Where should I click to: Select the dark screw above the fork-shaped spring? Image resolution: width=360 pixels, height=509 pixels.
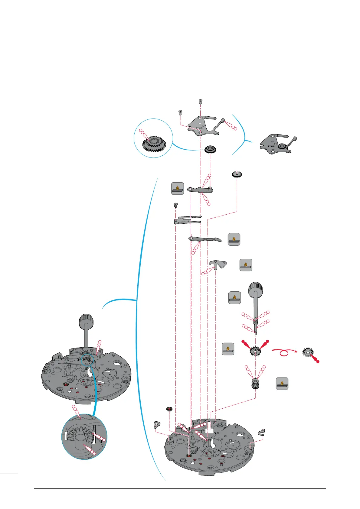coord(175,205)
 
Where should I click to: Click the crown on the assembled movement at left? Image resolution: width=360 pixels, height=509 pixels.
coord(86,321)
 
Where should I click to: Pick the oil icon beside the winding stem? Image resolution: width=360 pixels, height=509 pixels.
coord(234,298)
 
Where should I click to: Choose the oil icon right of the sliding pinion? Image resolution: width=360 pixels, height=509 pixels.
coord(282,384)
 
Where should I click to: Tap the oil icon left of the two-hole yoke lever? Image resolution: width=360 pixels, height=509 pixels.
coord(178,188)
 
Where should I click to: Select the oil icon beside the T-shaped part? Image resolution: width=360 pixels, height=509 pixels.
coord(246,265)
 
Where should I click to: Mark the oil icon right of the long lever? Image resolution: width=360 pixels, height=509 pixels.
coord(234,239)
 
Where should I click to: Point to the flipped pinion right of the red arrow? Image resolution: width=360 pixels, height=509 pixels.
coord(308,353)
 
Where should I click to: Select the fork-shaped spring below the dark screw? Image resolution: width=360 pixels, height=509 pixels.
coord(187,220)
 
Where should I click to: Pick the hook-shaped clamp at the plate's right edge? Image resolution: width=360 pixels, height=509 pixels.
coord(262,433)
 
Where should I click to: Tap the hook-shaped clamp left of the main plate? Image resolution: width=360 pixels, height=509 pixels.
coord(156,425)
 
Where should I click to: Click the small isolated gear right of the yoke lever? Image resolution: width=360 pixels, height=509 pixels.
coord(237,174)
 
